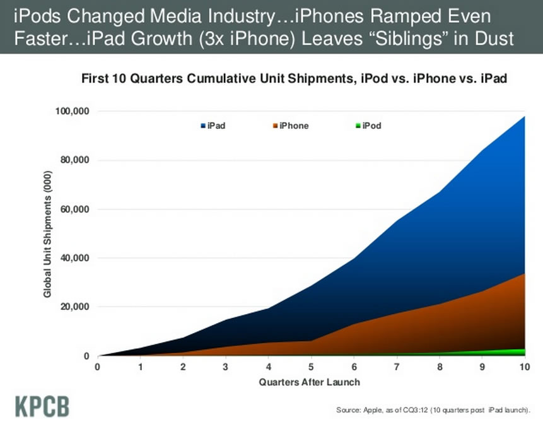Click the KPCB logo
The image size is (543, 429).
point(42,406)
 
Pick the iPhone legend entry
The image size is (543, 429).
point(291,126)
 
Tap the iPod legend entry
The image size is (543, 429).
point(368,126)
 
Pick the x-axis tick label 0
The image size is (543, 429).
point(97,367)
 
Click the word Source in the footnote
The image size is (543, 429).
point(349,411)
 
